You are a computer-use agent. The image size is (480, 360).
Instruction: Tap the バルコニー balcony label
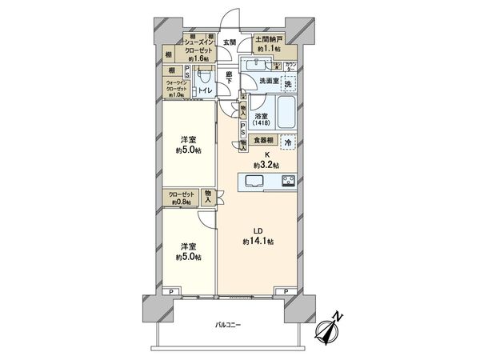click(228, 325)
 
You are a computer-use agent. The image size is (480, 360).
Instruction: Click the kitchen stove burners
click(287, 180)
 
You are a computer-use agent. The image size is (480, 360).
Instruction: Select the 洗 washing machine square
click(288, 84)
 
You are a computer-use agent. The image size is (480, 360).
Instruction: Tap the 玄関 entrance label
click(228, 42)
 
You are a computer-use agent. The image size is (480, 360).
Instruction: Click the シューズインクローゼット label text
click(197, 50)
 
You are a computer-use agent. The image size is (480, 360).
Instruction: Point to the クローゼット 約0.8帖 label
click(182, 197)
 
